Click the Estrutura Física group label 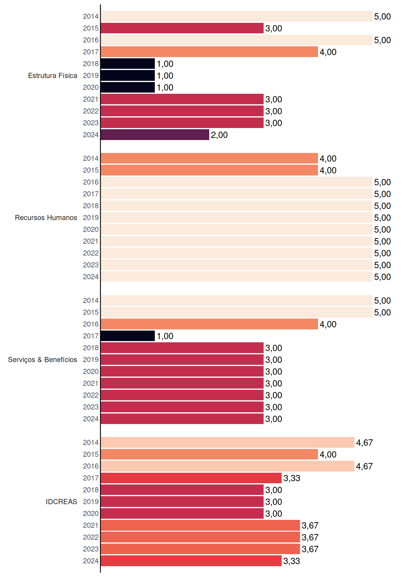53,75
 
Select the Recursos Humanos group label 46,218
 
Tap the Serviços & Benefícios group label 42,360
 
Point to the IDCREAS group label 61,502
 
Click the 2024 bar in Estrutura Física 155,135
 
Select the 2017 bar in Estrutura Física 209,52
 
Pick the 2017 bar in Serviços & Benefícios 128,336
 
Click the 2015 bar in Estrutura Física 182,28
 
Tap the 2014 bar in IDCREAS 228,442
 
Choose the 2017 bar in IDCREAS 191,478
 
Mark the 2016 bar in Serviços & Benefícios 209,324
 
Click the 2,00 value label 219,135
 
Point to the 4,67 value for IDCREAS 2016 364,466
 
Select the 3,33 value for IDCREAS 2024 292,561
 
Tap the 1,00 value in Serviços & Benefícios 165,336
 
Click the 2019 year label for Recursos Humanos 91,218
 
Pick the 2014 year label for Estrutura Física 91,16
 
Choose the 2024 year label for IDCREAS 91,561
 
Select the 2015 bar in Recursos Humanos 209,170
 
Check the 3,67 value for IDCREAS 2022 310,537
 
